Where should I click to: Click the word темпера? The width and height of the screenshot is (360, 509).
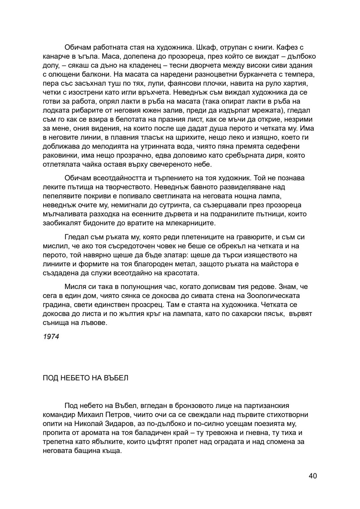coord(299,74)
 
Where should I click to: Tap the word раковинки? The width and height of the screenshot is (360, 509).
coord(59,155)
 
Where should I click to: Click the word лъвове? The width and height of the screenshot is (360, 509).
coord(97,323)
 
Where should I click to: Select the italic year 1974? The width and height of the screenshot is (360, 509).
coord(51,337)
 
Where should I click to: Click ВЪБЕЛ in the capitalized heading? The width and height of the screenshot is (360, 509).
coord(116,378)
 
